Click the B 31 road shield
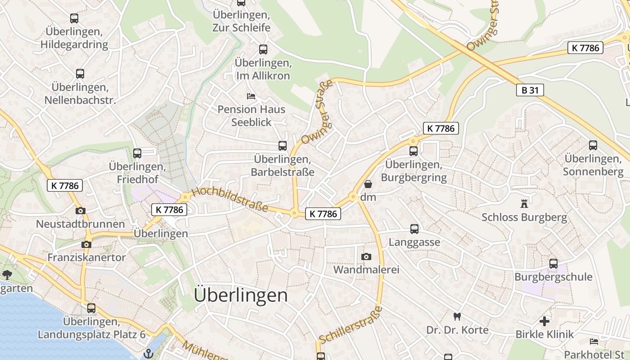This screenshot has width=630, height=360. coord(530,90)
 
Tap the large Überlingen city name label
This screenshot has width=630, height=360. coord(241,295)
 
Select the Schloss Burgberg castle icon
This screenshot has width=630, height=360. coord(524,203)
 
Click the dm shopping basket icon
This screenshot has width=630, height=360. coord(368,184)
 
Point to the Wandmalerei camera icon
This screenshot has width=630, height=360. coord(366,256)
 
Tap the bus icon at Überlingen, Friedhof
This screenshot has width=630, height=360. coord(137,153)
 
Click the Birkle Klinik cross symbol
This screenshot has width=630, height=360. coord(544,321)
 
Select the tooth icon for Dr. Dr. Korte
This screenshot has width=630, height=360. coord(457,317)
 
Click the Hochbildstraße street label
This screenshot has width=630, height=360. coord(230,200)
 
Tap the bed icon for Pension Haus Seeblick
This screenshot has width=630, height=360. coord(251,96)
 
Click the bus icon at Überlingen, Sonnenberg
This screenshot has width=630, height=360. coord(593,145)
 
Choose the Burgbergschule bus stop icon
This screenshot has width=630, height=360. coord(553,264)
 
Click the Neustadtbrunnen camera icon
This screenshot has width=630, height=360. coord(81,211)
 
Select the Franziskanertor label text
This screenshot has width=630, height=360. coord(86,257)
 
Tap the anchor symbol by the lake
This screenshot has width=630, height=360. coord(148,354)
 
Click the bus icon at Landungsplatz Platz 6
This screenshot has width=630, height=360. coord(91,308)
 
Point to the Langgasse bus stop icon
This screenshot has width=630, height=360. coord(414,229)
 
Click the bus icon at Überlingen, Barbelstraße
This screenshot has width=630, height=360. coord(282,146)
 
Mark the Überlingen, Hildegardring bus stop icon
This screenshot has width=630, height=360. coord(74,18)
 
